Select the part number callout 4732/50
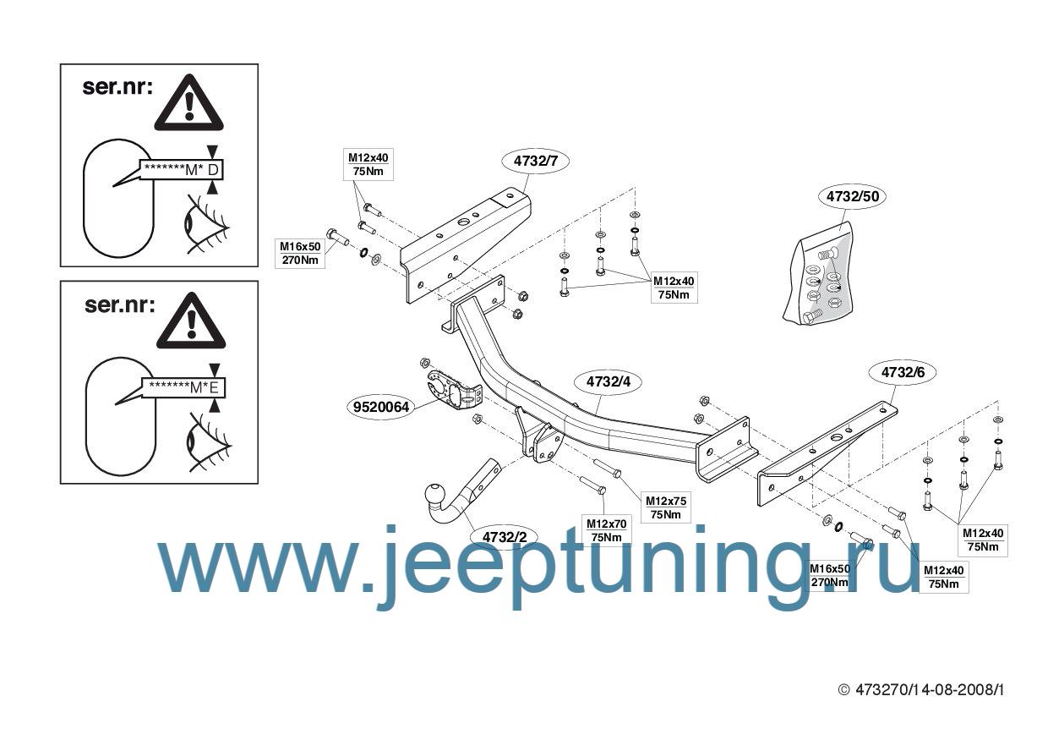[853, 196]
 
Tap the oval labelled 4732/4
[609, 382]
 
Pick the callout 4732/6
[903, 373]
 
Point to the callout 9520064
[381, 407]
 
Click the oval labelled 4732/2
[505, 537]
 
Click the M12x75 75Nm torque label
[666, 507]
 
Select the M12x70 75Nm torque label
[606, 530]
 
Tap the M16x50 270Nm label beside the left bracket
[300, 253]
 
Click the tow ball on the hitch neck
[438, 495]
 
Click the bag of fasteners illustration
[818, 274]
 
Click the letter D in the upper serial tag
[213, 170]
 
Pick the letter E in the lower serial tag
[214, 387]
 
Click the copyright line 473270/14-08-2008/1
[920, 691]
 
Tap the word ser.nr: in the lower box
[119, 305]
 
